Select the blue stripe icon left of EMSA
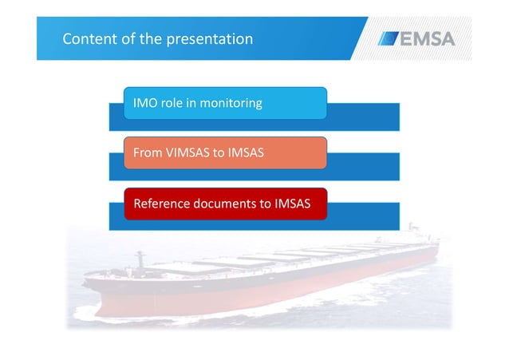(x=389, y=38)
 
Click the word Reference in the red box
(x=161, y=204)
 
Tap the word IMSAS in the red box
(x=297, y=204)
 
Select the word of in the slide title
(x=128, y=38)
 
